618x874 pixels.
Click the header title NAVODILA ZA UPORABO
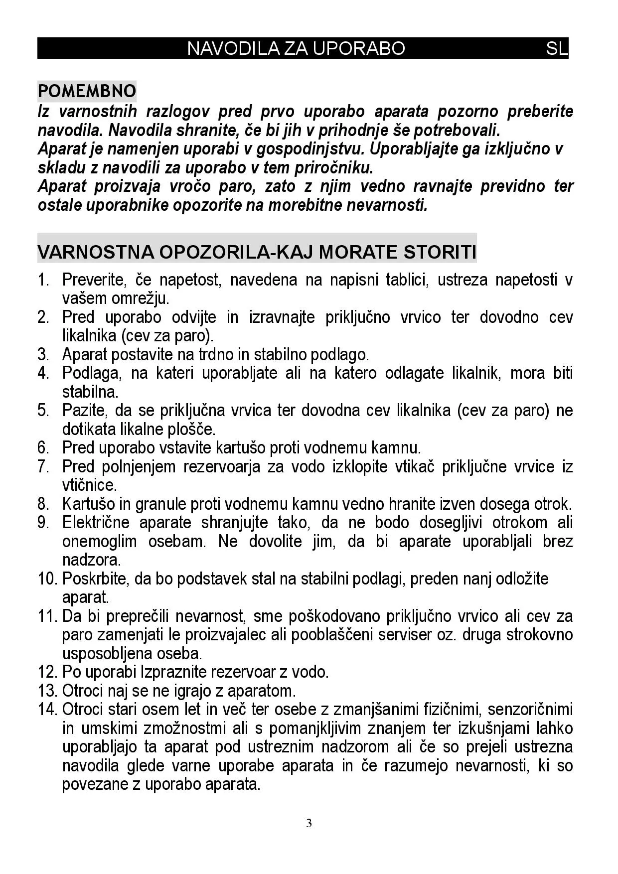[296, 48]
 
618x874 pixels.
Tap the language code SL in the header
[556, 48]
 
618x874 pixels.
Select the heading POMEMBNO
[87, 91]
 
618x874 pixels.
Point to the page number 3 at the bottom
[309, 823]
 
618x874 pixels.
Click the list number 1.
[43, 280]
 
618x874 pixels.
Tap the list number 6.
[43, 448]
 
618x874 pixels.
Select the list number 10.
[47, 579]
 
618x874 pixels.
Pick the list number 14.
[47, 710]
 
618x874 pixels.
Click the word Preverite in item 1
[92, 280]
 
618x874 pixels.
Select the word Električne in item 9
[96, 523]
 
